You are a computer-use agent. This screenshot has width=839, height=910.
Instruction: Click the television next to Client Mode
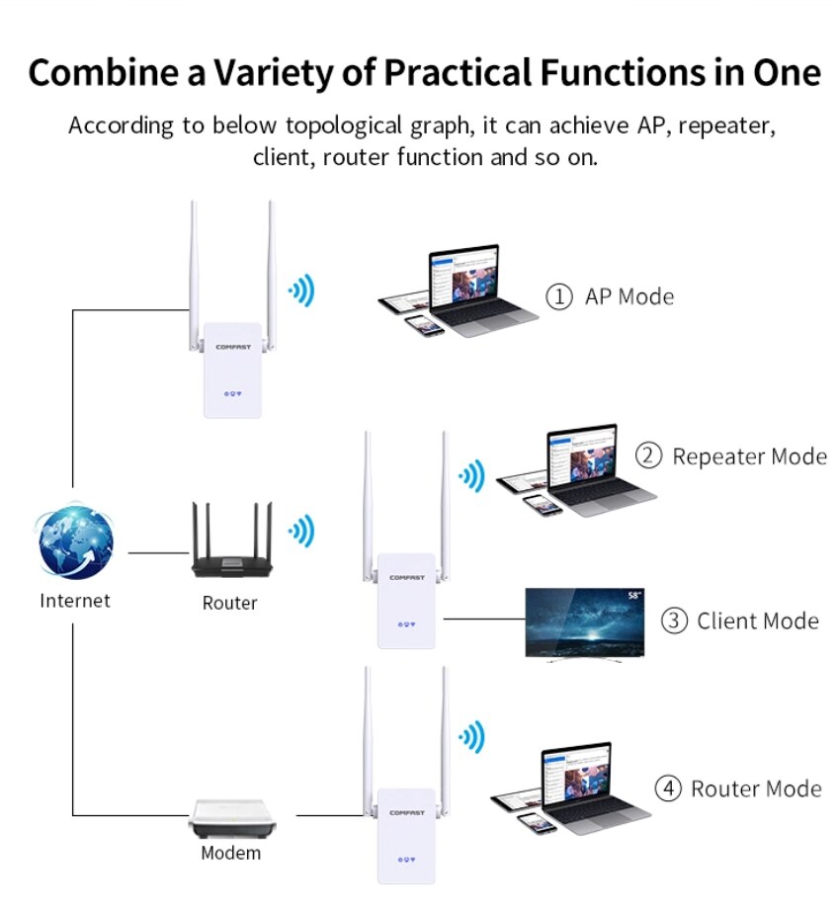coord(584,623)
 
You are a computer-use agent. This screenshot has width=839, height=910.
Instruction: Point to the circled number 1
coord(559,296)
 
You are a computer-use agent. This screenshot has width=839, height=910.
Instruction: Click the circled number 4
coord(669,788)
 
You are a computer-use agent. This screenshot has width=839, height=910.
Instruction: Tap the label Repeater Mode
coord(749,456)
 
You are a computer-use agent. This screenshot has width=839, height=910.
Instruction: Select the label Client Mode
coord(758,621)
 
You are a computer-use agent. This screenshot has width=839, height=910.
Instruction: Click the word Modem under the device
coord(231,853)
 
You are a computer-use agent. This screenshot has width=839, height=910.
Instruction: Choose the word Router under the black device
coord(229,603)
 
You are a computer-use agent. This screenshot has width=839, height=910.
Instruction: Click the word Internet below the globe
coord(75,601)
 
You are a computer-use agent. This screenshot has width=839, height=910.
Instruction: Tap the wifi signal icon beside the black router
coord(300,532)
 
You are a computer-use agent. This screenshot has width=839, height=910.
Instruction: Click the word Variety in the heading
coord(298,73)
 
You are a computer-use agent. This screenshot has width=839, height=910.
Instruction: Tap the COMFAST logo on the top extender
coord(232,347)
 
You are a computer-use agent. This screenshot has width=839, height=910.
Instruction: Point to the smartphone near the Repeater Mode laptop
coord(542,504)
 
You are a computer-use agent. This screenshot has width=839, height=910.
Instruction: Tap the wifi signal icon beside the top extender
coord(300,290)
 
